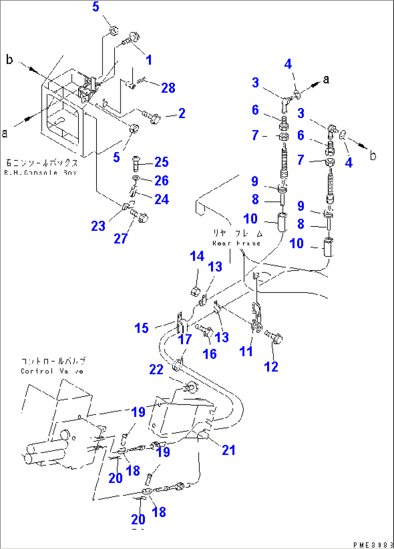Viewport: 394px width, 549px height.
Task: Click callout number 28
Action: point(168,88)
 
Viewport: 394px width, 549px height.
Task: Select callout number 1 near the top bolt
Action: point(149,60)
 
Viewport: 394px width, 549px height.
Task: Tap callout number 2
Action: point(182,113)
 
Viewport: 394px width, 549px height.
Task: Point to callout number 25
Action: point(161,162)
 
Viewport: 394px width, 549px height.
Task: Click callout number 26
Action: point(161,180)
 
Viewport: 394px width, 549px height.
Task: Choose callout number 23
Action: point(98,226)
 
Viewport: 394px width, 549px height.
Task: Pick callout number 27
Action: point(120,238)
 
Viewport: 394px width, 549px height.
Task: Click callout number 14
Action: point(197,256)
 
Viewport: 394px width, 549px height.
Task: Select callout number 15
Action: point(141,328)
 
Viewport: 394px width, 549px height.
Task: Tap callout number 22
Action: point(156,369)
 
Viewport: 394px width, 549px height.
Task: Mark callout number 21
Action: point(228,450)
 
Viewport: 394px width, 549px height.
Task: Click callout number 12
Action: point(271,367)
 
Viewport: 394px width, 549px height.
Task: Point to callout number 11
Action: point(246,351)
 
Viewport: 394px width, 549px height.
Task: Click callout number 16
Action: point(210,354)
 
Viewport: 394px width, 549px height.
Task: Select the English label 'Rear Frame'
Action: point(236,243)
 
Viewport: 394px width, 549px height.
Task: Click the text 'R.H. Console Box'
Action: point(40,173)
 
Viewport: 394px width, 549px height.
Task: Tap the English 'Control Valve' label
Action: point(52,371)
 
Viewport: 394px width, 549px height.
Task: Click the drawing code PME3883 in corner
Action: point(373,545)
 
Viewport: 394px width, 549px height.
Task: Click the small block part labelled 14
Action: point(195,290)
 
